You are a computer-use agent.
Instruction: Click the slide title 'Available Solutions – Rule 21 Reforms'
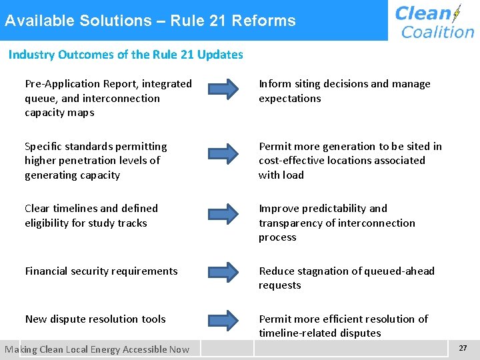coord(150,21)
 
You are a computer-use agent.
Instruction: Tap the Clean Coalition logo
coord(434,21)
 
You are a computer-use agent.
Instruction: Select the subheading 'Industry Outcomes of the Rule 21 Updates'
coord(125,55)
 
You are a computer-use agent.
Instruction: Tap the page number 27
coord(463,348)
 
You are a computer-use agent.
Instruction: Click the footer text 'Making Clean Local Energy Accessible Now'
coord(97,349)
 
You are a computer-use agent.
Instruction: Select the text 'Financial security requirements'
coord(101,271)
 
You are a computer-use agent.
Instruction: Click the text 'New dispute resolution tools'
coord(95,319)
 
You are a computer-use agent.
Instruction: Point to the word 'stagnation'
coord(321,271)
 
